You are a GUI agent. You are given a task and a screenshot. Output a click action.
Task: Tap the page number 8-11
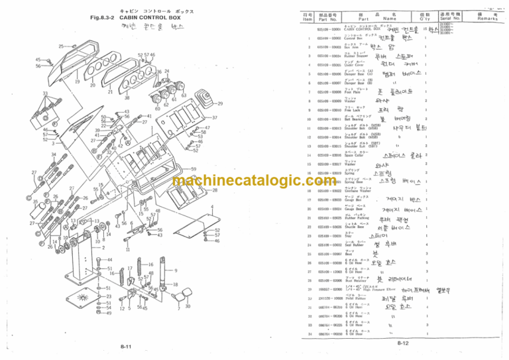126,346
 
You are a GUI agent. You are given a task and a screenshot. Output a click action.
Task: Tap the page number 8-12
404,342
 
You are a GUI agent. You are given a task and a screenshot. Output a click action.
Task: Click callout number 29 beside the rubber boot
220,104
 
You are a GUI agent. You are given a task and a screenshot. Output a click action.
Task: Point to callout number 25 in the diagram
61,46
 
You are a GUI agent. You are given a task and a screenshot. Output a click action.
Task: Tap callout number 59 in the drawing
194,170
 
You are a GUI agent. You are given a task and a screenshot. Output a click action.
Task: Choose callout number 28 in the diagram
215,190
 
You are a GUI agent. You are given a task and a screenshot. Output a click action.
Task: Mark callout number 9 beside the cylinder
176,270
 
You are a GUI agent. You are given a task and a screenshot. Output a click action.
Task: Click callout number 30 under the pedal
188,306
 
